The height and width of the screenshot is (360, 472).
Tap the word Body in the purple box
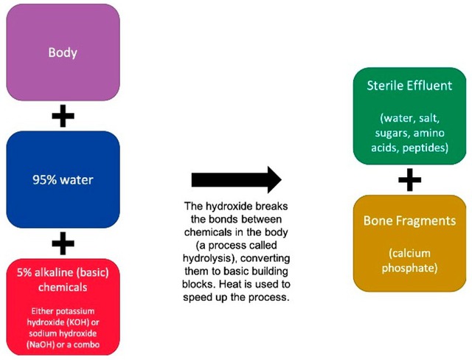[x=63, y=52]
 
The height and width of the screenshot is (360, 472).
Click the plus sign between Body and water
[x=63, y=117]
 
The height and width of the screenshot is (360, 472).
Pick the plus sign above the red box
[x=63, y=243]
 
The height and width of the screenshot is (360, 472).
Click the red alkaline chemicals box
[x=63, y=306]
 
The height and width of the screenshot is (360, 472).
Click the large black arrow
[x=236, y=179]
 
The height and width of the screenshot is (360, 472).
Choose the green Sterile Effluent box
[x=409, y=116]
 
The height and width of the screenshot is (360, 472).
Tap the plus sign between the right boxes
[x=409, y=180]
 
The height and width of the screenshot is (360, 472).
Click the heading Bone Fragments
[x=409, y=221]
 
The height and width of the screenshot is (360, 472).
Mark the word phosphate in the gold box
[x=409, y=268]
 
